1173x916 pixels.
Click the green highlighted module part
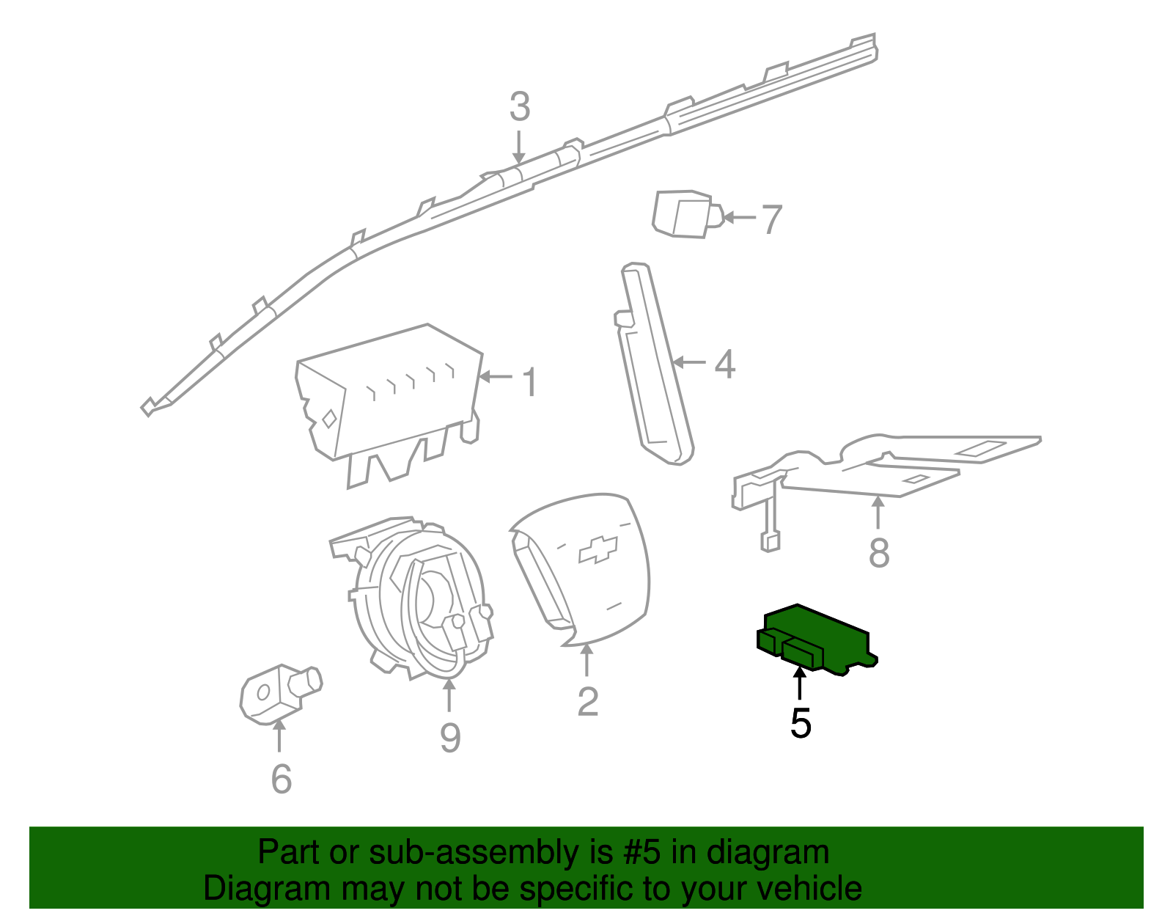[814, 637]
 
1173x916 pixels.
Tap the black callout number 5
[801, 724]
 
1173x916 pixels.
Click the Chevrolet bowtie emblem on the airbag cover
[597, 549]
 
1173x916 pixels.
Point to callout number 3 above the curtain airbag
[519, 107]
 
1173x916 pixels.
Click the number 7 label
[771, 219]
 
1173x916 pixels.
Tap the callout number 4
[724, 364]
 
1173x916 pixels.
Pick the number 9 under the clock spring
[449, 737]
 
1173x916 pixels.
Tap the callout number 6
[281, 778]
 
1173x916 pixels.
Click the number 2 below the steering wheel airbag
[587, 702]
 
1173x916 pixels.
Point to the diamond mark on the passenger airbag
[329, 419]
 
